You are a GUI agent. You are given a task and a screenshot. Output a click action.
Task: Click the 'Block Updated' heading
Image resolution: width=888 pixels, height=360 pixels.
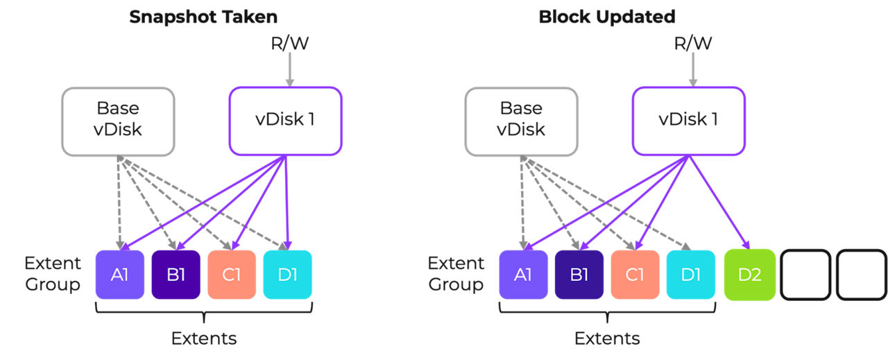tap(607, 17)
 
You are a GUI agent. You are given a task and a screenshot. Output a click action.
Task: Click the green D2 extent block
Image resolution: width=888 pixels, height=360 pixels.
tap(749, 275)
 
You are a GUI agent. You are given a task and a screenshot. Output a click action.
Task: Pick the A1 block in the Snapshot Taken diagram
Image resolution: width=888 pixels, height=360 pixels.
tap(120, 275)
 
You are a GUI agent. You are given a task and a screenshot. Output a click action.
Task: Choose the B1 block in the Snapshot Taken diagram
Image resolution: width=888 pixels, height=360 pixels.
tap(176, 275)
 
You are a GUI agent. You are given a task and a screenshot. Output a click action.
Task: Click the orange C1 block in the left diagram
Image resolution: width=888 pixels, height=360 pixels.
tap(232, 275)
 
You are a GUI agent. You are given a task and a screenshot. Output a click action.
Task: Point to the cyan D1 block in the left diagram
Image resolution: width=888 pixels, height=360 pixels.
tap(287, 275)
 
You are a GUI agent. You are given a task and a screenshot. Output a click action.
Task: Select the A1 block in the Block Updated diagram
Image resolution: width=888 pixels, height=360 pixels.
tap(523, 275)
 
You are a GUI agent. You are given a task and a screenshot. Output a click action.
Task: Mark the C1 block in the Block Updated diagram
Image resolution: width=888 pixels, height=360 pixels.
tap(635, 275)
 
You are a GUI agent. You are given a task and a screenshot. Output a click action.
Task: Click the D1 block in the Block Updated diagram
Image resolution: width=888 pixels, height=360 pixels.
tap(690, 275)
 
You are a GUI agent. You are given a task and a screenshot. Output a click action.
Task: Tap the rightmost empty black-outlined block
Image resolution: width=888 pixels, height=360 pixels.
tap(861, 275)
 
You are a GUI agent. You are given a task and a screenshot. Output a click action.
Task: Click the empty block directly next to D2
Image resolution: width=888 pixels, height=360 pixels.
tap(805, 275)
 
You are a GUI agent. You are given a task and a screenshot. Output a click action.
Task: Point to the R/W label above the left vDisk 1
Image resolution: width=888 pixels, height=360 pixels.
tap(289, 44)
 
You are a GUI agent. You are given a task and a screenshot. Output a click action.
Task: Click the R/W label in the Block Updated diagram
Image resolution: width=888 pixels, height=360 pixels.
tap(692, 44)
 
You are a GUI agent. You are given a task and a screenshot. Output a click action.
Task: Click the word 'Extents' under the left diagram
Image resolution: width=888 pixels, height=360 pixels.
tap(203, 338)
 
